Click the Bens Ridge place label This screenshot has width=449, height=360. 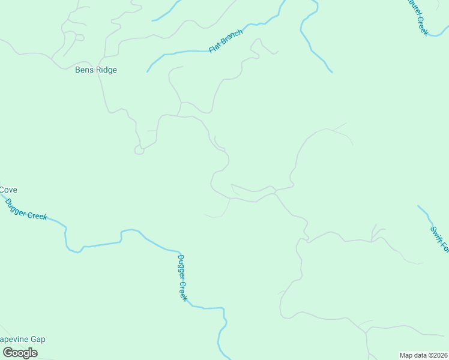[96, 70]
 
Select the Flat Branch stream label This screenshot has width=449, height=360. [226, 41]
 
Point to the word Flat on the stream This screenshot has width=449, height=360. [214, 47]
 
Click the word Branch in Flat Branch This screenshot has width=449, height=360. [232, 38]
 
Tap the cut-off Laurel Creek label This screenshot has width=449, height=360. [418, 17]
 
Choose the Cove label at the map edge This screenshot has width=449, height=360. [8, 190]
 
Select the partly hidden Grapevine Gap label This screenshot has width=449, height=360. [23, 340]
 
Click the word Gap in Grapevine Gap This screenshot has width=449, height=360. [38, 340]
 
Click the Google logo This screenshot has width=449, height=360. [19, 353]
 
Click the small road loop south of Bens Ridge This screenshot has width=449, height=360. [139, 150]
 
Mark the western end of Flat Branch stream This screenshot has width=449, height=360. [148, 71]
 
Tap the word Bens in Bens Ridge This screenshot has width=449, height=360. [84, 70]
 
